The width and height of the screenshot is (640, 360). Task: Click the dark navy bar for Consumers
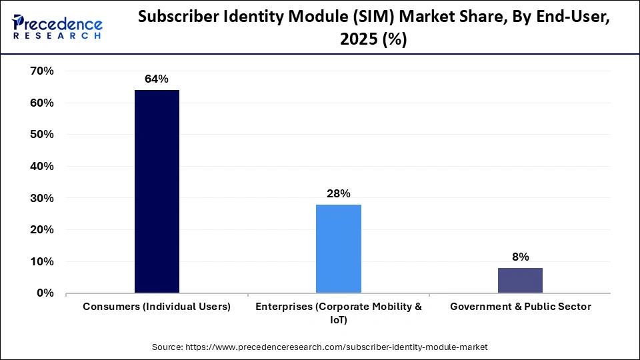[157, 191]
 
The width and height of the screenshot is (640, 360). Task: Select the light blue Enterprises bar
[339, 249]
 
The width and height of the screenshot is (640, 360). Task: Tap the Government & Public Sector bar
[520, 280]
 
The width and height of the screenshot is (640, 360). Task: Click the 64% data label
[157, 79]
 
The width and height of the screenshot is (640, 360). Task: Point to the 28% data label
[339, 194]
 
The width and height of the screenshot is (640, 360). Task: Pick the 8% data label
[520, 257]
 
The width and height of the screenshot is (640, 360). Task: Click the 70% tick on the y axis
[42, 71]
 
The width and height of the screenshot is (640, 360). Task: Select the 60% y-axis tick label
[42, 103]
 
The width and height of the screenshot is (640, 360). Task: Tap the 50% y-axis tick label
[42, 135]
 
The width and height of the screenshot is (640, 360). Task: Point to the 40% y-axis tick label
[42, 167]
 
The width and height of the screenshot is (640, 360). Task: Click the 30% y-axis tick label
[42, 198]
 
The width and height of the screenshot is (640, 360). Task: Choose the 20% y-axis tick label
[42, 230]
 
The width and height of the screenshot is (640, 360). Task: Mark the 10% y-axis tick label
[42, 261]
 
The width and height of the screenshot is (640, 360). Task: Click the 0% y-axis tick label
[45, 293]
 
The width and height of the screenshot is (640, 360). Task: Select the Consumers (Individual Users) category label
[157, 307]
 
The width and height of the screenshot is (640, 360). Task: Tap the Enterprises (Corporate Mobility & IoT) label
[339, 313]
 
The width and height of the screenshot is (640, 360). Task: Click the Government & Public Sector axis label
[520, 307]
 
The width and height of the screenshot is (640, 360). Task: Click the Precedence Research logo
[57, 27]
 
